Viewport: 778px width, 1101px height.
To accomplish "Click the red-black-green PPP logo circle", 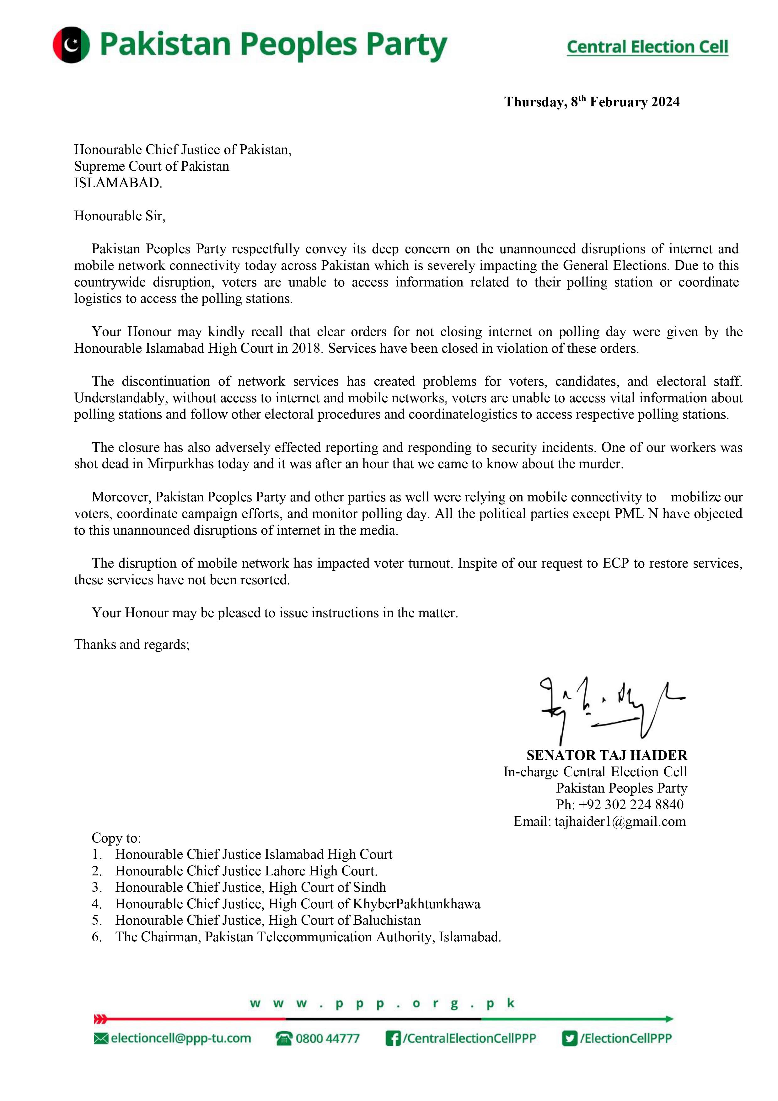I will (71, 45).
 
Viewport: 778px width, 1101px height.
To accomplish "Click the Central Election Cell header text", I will (647, 47).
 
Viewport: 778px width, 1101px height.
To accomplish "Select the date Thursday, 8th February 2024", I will (591, 102).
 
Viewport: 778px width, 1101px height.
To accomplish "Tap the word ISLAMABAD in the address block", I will (117, 183).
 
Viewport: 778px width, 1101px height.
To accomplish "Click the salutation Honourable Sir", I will (120, 216).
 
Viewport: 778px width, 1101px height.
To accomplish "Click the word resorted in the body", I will (265, 580).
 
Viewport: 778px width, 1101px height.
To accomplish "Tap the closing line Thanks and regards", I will (132, 644).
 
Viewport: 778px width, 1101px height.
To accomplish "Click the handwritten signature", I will (612, 708).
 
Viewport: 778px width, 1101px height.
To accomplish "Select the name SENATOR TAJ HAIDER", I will (607, 755).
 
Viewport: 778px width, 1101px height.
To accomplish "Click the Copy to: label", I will (116, 838).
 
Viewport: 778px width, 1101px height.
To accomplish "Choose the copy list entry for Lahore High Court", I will (246, 871).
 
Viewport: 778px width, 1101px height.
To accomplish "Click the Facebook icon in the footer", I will (393, 1038).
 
